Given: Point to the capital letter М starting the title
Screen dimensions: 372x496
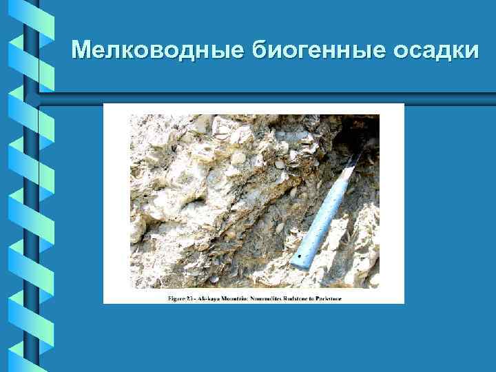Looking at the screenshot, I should [82, 50].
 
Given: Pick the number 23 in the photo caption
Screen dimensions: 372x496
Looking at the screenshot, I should [189, 299].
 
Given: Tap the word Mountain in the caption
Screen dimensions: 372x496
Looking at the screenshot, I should [241, 299].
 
